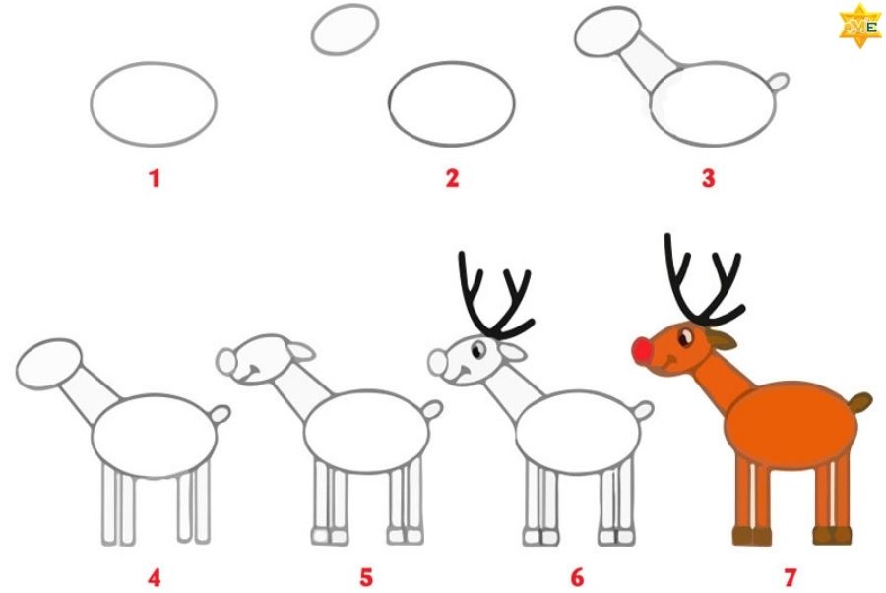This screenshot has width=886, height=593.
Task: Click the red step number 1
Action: tap(155, 179)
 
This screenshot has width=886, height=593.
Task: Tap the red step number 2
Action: tap(452, 178)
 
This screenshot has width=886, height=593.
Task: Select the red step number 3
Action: tap(709, 178)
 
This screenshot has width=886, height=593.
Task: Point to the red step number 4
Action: tap(155, 578)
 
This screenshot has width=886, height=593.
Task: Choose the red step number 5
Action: tap(366, 578)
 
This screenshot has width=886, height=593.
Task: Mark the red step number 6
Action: tap(577, 578)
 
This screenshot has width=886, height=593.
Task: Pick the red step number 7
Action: tap(790, 578)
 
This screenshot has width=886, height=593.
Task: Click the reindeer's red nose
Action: tap(643, 350)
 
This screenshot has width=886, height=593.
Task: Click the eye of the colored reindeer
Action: tap(685, 338)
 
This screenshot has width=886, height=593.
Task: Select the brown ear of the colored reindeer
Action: tap(721, 339)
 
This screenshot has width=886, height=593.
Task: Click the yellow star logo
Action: tap(860, 26)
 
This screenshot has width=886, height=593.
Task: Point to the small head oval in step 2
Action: tap(345, 30)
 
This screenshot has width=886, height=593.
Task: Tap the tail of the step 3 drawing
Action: tap(780, 82)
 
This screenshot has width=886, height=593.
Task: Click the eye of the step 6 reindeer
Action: tap(478, 350)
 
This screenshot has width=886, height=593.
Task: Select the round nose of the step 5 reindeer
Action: tap(226, 361)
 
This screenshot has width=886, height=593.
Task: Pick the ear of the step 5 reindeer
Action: tap(300, 351)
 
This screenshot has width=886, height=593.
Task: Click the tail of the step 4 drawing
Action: tap(221, 415)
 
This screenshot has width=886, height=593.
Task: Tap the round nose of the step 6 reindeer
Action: tap(437, 362)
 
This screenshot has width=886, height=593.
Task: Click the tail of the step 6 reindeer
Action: tap(643, 410)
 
